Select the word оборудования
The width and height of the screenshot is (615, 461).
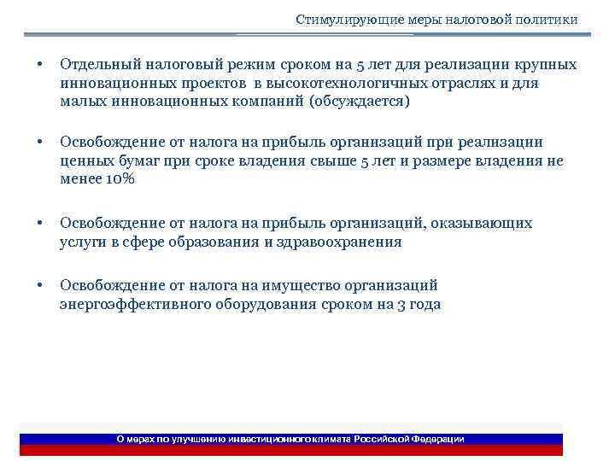pyautogui.click(x=259, y=304)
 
